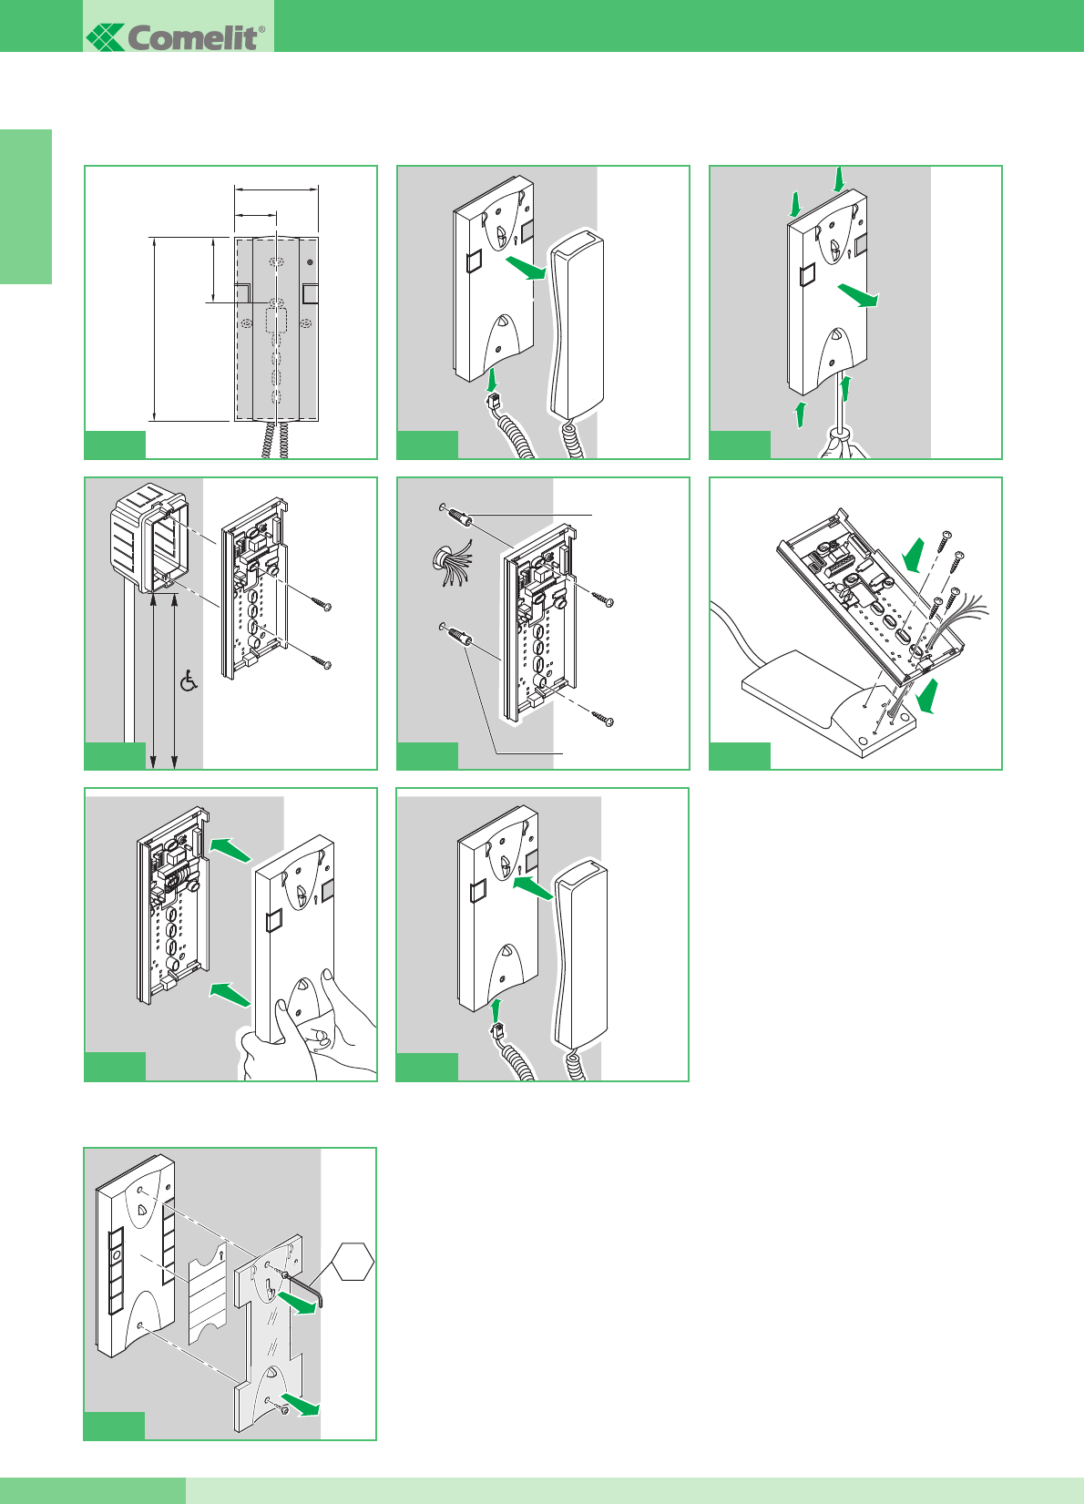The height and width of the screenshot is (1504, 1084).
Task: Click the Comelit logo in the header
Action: (177, 36)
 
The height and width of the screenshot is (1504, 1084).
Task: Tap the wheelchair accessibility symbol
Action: (189, 680)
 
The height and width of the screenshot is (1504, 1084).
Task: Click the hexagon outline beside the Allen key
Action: (353, 1262)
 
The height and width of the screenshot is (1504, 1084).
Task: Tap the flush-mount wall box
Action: (148, 537)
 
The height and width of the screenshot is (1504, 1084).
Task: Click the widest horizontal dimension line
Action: (276, 189)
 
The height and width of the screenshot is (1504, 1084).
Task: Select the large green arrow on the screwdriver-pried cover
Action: (858, 295)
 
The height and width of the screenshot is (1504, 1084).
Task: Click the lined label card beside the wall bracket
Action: (207, 1289)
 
